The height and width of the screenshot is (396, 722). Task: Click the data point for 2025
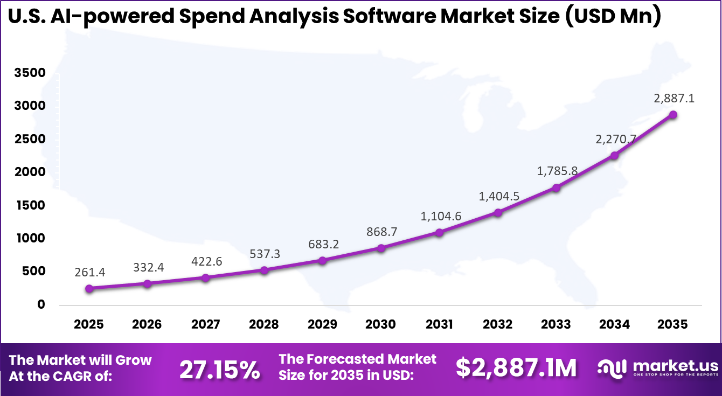89,288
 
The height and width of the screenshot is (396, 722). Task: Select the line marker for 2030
381,248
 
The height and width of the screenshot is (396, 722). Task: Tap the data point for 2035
673,115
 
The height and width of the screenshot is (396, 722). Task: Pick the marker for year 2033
556,187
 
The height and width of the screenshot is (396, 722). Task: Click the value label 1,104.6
441,216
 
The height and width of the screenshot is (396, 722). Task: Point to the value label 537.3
264,253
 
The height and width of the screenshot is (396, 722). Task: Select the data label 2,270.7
616,139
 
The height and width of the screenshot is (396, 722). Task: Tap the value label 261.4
89,272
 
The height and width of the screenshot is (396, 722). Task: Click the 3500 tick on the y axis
30,73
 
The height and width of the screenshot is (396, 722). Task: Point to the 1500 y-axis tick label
30,205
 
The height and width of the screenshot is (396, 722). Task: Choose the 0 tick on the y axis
41,304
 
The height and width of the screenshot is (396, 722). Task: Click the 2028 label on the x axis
264,324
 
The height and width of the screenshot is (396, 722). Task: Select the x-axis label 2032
497,324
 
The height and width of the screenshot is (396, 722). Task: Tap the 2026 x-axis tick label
147,324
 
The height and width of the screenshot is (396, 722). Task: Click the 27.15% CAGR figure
220,369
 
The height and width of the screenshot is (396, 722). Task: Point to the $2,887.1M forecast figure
516,367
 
